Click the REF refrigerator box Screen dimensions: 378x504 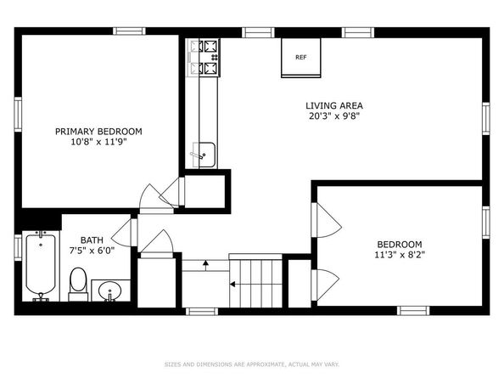(300, 58)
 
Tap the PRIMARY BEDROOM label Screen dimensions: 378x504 (98, 132)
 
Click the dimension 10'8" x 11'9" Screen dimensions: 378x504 (98, 144)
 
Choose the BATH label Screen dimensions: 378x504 (92, 240)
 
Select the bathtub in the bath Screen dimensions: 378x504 (40, 267)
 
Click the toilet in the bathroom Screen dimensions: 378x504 (78, 282)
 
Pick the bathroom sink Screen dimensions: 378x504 (109, 292)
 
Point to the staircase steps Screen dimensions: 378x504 (255, 282)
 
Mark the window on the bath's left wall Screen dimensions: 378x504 (18, 246)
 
